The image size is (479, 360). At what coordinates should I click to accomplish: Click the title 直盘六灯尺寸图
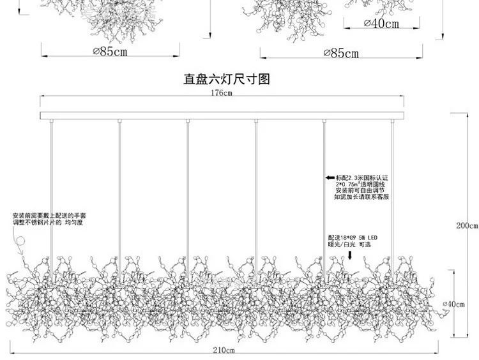[x=227, y=79]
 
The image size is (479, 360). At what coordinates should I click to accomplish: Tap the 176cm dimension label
[x=222, y=93]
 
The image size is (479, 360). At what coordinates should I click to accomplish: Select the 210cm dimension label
[x=224, y=351]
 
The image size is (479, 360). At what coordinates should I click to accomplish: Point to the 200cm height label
[x=468, y=226]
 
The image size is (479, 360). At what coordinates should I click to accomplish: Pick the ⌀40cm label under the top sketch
[x=382, y=24]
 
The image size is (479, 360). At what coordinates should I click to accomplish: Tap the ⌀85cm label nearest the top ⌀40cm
[x=342, y=53]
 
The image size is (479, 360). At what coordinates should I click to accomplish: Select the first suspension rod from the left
[x=50, y=191]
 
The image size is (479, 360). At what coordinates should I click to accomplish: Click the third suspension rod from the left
[x=187, y=191]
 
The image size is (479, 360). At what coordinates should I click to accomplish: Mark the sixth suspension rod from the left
[x=392, y=191]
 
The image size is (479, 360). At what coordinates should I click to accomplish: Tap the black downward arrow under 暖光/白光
[x=349, y=255]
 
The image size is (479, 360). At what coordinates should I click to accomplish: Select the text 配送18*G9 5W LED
[x=353, y=237]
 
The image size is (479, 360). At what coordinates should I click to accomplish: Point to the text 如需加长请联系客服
[x=361, y=197]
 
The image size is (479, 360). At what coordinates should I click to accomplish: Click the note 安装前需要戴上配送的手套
[x=49, y=216]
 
